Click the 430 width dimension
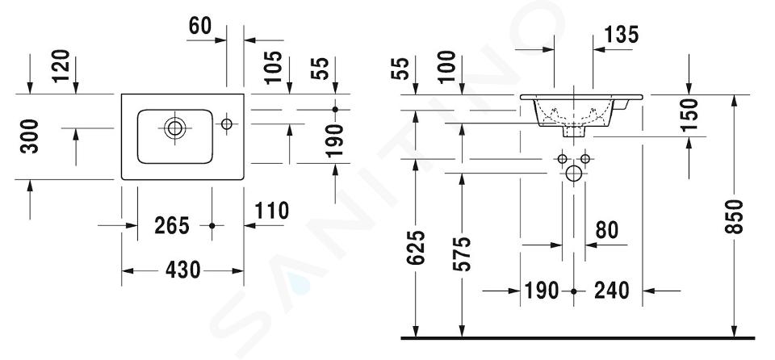[x=183, y=270]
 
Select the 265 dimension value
[x=171, y=226]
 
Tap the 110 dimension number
[x=272, y=211]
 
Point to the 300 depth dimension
[x=30, y=136]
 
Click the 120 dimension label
[x=61, y=66]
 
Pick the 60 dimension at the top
[x=199, y=26]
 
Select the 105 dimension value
[x=272, y=67]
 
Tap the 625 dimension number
[x=416, y=248]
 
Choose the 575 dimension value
[x=462, y=254]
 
